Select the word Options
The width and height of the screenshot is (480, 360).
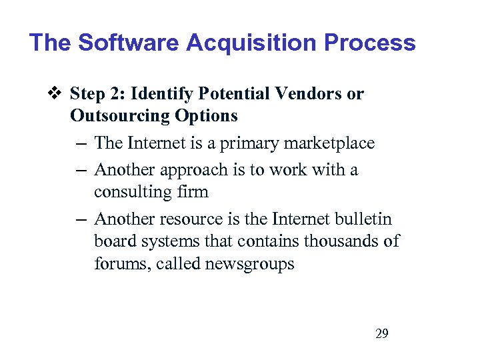207,116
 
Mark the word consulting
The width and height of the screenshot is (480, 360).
132,192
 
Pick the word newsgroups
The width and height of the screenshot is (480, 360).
249,264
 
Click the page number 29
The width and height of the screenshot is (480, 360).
382,333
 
